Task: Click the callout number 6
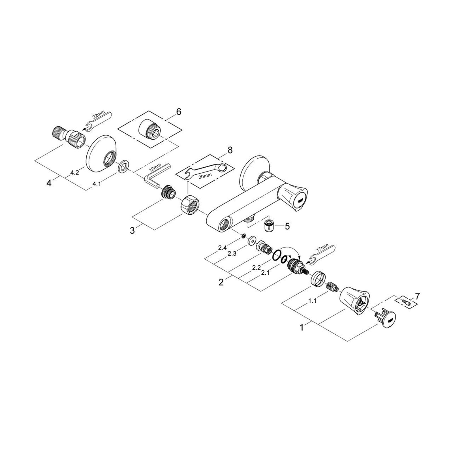tap(178, 112)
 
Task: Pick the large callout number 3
tap(132, 230)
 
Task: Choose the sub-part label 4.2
tap(74, 173)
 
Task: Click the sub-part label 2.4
tap(222, 248)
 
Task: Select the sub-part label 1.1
tap(312, 301)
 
